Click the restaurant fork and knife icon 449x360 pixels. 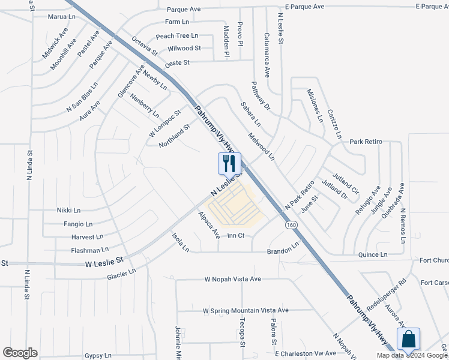pos(229,163)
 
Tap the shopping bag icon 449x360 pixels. pos(408,339)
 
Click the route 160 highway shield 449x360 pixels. pos(291,224)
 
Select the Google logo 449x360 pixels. pos(20,353)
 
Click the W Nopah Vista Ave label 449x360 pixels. pos(233,279)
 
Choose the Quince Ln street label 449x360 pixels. pos(372,254)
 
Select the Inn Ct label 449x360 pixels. pos(236,236)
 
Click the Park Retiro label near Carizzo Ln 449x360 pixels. pos(366,142)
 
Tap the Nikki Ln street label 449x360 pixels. pos(68,211)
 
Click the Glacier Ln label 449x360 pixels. pos(121,274)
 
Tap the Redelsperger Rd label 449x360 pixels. pos(387,293)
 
